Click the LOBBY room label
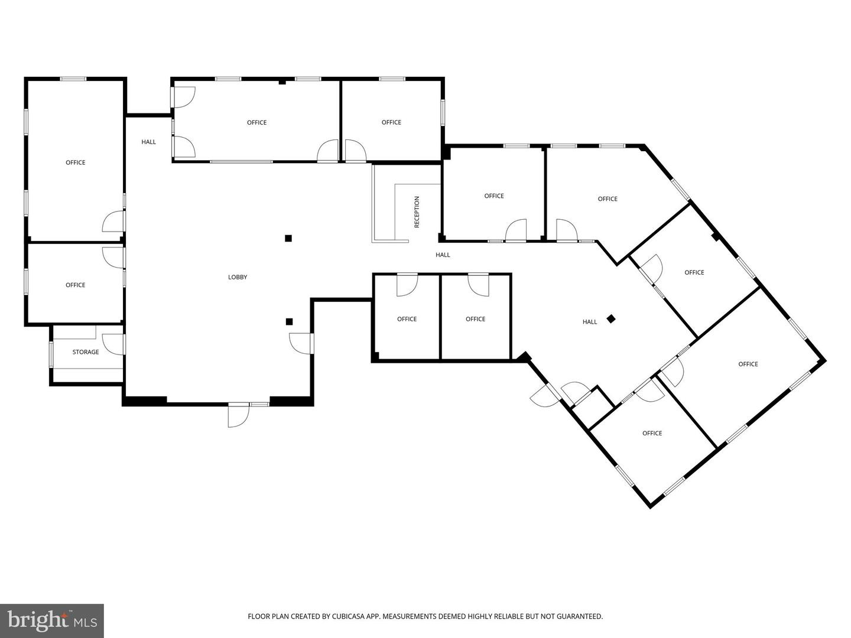237,277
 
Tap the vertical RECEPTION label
417,212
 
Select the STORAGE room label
86,351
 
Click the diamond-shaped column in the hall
611,319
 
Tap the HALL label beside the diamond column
590,321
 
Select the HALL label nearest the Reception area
443,255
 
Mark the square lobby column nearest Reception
288,238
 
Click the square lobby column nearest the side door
289,321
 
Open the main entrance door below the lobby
238,415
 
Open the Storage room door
113,344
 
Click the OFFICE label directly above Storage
75,285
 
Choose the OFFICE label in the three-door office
256,122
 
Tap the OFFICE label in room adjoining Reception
494,196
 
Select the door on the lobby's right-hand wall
301,343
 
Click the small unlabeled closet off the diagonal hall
593,407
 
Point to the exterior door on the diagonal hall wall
544,396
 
